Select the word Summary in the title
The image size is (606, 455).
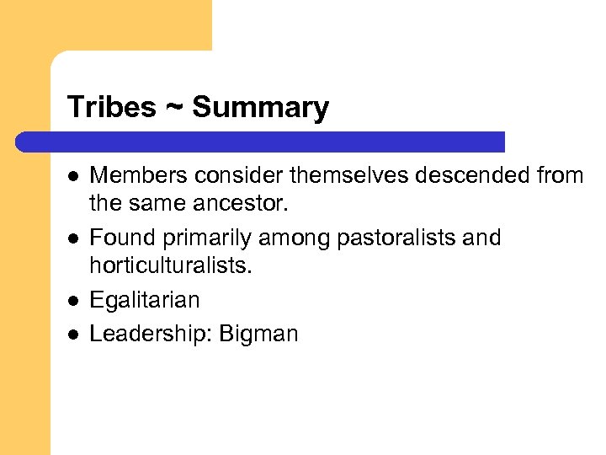(x=260, y=108)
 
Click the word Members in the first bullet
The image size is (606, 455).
(x=137, y=175)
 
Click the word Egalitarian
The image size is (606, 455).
(x=145, y=301)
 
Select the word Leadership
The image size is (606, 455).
(x=149, y=334)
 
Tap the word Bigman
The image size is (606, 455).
(x=258, y=335)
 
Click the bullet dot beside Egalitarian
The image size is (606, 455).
(x=73, y=301)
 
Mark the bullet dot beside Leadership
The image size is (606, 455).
(x=73, y=334)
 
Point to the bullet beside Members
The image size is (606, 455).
(x=73, y=175)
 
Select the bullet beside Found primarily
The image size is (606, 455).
(x=73, y=238)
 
